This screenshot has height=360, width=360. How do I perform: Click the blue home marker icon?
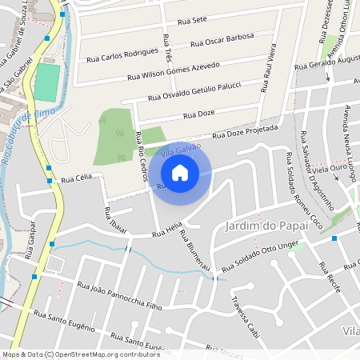click(180, 172)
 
